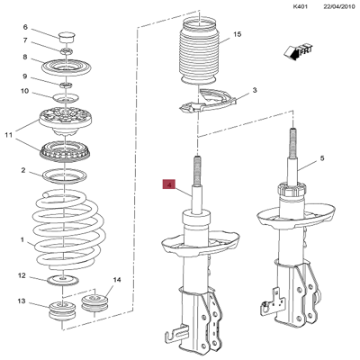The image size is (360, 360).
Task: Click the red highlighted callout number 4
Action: (x=167, y=185)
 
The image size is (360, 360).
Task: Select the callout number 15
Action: (x=238, y=35)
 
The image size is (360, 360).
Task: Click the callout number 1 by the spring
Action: (x=23, y=239)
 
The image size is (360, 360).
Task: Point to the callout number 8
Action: (x=24, y=58)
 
